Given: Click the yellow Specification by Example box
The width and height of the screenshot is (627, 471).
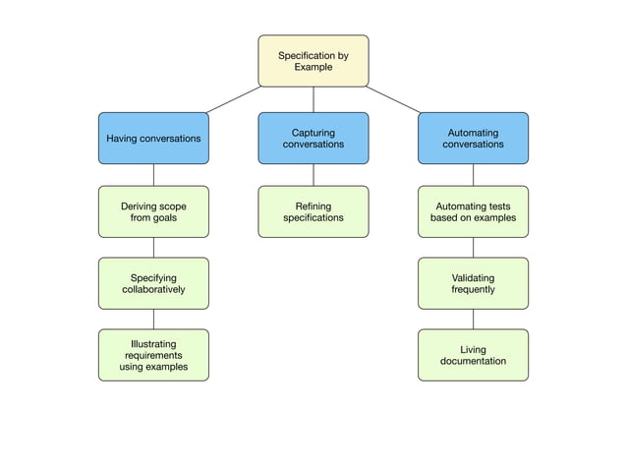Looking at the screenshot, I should pyautogui.click(x=313, y=61).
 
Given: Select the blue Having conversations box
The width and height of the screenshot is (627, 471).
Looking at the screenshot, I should pyautogui.click(x=153, y=138).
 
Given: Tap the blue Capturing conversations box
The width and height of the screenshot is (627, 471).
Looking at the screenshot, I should pyautogui.click(x=313, y=138).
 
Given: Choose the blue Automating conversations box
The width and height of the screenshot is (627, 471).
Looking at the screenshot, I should pyautogui.click(x=473, y=138).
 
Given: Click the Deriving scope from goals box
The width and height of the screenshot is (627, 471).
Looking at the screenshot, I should pyautogui.click(x=153, y=211).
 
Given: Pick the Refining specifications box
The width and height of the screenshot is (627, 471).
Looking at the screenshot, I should pyautogui.click(x=313, y=211).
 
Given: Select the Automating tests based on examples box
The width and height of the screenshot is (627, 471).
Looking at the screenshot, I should pyautogui.click(x=473, y=211).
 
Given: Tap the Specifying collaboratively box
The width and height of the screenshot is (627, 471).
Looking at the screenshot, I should pyautogui.click(x=153, y=283).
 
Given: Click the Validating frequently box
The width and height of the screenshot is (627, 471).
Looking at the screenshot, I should pyautogui.click(x=473, y=283).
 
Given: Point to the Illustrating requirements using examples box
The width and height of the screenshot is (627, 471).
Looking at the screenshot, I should pyautogui.click(x=153, y=355).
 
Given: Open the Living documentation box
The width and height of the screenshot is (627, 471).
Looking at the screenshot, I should pyautogui.click(x=473, y=355).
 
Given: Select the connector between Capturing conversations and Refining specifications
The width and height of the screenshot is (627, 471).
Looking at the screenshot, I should pyautogui.click(x=313, y=175).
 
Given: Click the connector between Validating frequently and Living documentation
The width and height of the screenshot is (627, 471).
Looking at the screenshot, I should pyautogui.click(x=473, y=319).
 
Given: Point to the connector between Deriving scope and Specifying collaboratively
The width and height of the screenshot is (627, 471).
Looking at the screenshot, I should pyautogui.click(x=153, y=248).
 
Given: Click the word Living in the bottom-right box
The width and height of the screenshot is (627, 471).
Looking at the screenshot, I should pyautogui.click(x=473, y=349).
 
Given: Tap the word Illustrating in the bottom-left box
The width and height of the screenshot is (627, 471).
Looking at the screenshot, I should pyautogui.click(x=153, y=344).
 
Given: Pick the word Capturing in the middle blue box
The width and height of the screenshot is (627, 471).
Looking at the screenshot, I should pyautogui.click(x=313, y=132).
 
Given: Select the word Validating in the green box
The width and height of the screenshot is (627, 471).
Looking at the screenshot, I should pyautogui.click(x=473, y=277).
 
